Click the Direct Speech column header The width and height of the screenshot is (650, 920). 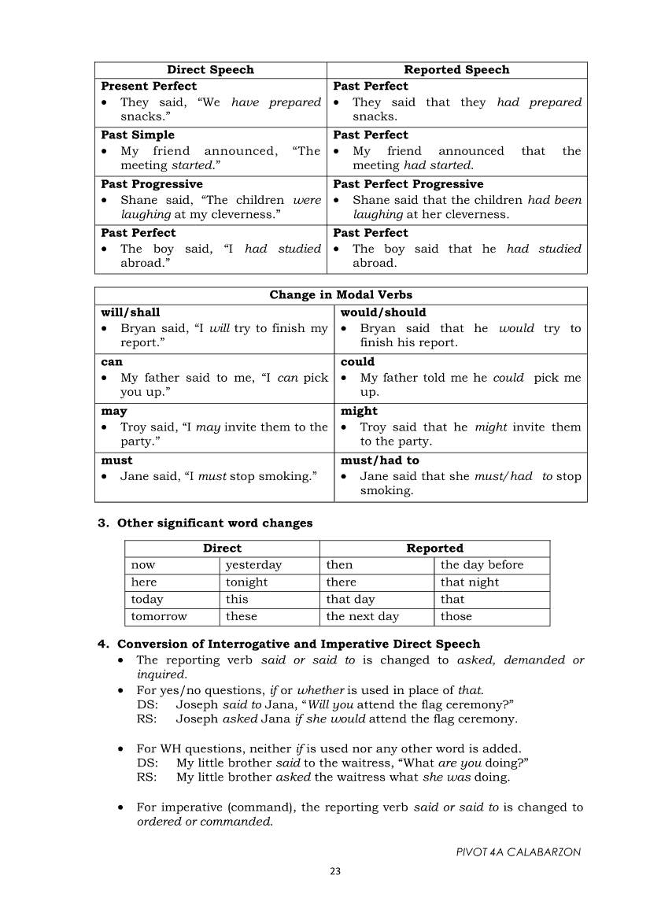[210, 70]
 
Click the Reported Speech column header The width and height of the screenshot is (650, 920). [456, 70]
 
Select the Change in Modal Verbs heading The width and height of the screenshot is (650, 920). [341, 295]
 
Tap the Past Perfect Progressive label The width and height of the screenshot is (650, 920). [408, 184]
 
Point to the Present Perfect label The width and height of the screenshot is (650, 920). [149, 86]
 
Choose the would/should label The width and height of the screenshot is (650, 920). [383, 312]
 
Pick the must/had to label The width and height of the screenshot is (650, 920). [379, 460]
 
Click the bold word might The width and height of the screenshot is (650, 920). [359, 411]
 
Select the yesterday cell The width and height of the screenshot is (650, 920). [253, 565]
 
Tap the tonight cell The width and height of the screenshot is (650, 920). [246, 582]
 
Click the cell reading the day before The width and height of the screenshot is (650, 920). [482, 565]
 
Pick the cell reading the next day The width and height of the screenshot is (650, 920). [363, 617]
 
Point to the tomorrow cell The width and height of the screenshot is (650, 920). [159, 617]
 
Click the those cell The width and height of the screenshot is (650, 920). [456, 617]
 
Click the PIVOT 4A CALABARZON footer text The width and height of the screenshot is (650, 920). [519, 852]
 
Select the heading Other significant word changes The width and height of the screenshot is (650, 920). [215, 523]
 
